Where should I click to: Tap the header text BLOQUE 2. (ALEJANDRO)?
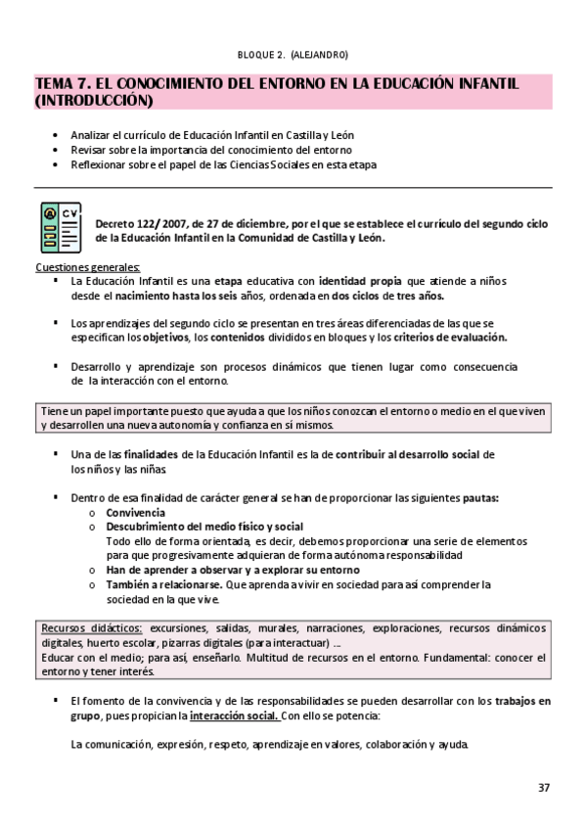pyautogui.click(x=293, y=55)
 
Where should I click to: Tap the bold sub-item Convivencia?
pyautogui.click(x=135, y=513)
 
